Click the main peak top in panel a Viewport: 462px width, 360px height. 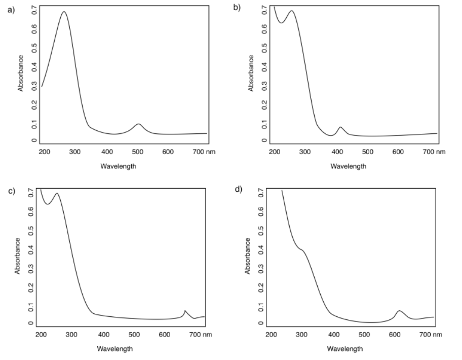point(64,12)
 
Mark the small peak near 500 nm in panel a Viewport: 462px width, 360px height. point(138,124)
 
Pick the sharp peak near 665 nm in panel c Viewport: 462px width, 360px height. point(185,310)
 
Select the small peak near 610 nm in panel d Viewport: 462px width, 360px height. point(399,310)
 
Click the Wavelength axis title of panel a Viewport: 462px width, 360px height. point(118,165)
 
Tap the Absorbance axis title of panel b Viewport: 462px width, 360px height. point(251,73)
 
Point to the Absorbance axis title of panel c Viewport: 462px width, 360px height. point(18,256)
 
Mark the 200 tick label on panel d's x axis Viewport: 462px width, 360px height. point(272,334)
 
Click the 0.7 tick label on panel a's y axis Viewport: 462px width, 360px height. point(33,10)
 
